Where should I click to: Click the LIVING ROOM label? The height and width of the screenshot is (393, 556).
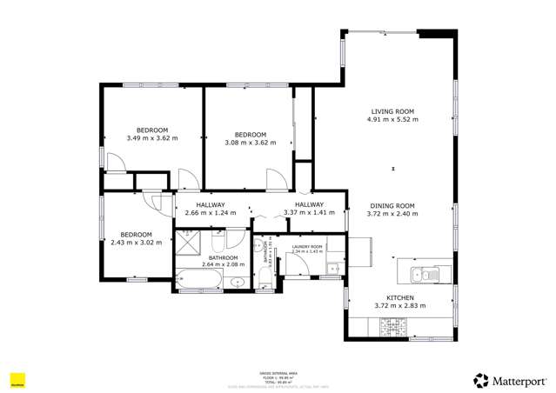click(x=392, y=111)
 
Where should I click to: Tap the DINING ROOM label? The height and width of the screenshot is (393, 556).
click(x=391, y=206)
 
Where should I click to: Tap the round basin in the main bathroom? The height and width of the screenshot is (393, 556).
click(x=237, y=281)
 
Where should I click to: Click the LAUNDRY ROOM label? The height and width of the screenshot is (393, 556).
click(x=307, y=247)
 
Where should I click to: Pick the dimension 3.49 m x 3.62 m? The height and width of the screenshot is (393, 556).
click(x=151, y=137)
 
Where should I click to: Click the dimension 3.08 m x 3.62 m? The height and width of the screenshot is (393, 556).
click(x=250, y=143)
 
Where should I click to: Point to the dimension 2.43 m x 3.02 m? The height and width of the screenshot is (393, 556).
click(x=137, y=243)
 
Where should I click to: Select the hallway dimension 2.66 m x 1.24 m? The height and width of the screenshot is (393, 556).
click(x=211, y=213)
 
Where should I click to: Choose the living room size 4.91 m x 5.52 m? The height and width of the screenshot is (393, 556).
click(x=392, y=120)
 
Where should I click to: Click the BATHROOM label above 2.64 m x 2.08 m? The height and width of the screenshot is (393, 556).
click(x=224, y=257)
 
